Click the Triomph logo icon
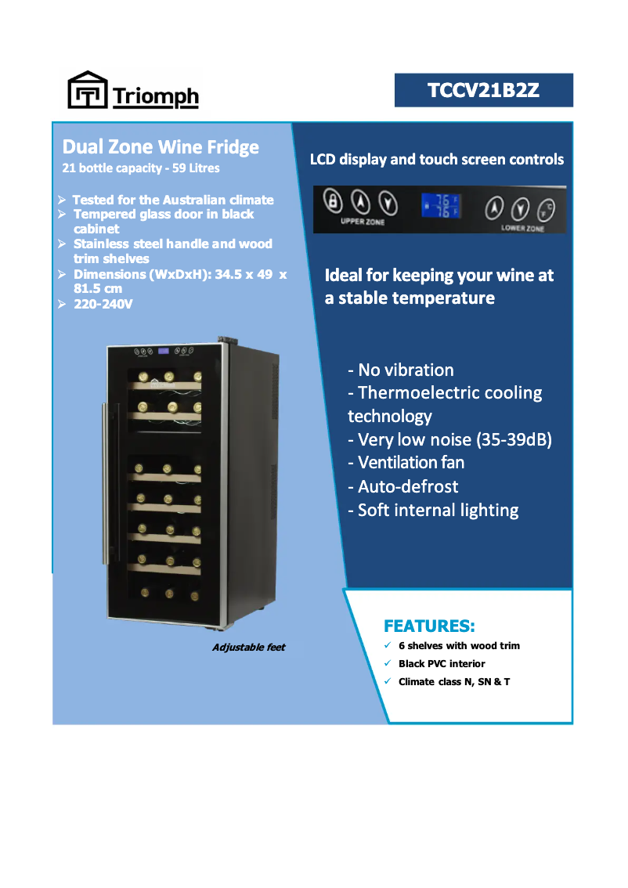coord(86,90)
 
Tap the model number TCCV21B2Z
coord(483,91)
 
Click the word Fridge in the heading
coord(230,147)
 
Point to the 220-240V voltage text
coord(103,304)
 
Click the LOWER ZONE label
coord(522,228)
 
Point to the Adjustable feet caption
coord(248,648)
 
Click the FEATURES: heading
coord(429,626)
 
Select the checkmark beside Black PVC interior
coord(388,663)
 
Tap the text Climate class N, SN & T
coord(454,681)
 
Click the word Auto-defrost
coord(408,486)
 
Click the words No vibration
coord(406,370)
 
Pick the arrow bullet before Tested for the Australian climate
coord(62,200)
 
